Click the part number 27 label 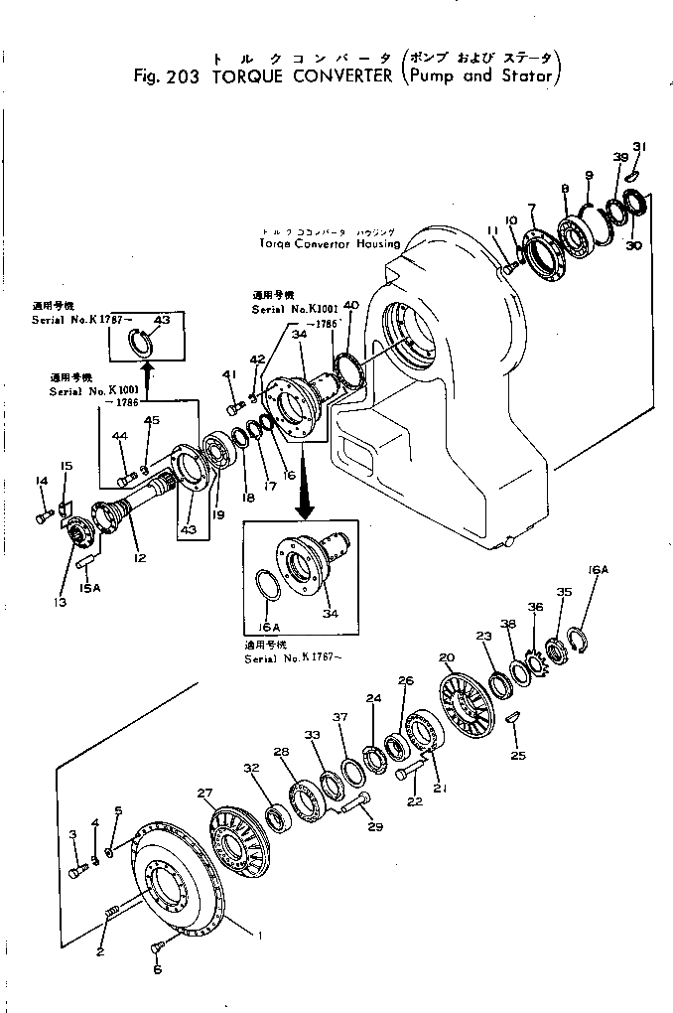204,793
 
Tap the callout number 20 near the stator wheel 446,657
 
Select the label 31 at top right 640,147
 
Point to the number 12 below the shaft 140,557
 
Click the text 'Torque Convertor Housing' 330,242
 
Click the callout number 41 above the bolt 230,373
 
